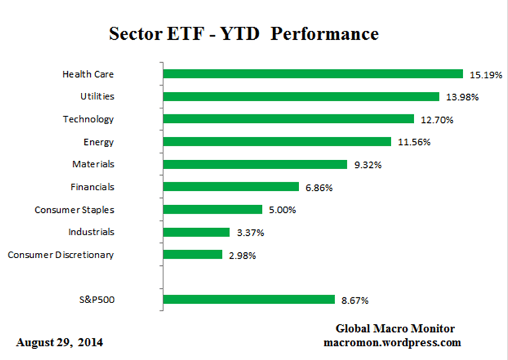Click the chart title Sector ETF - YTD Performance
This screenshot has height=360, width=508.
pyautogui.click(x=244, y=33)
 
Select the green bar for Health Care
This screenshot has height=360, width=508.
pyautogui.click(x=312, y=74)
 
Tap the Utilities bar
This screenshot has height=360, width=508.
pyautogui.click(x=300, y=97)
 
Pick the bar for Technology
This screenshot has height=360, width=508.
pyautogui.click(x=288, y=119)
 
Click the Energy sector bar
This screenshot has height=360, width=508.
pyautogui.click(x=276, y=142)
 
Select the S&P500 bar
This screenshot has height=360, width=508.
pyautogui.click(x=248, y=300)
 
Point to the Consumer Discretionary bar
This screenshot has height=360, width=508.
pyautogui.click(x=192, y=255)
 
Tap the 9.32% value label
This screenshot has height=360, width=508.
pyautogui.click(x=368, y=165)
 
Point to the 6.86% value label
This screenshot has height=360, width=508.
pyautogui.click(x=319, y=188)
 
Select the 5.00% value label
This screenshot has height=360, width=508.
pyautogui.click(x=282, y=210)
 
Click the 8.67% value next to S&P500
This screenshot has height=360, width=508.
pyautogui.click(x=355, y=301)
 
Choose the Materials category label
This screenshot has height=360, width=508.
pyautogui.click(x=93, y=164)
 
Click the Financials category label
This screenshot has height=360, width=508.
pyautogui.click(x=92, y=187)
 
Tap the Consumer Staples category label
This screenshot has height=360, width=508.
pyautogui.click(x=74, y=210)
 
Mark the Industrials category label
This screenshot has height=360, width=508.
pyautogui.click(x=91, y=232)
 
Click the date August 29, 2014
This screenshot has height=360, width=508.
pyautogui.click(x=59, y=342)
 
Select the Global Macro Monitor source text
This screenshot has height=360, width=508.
pyautogui.click(x=395, y=329)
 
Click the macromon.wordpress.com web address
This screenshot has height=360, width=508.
pyautogui.click(x=392, y=342)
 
